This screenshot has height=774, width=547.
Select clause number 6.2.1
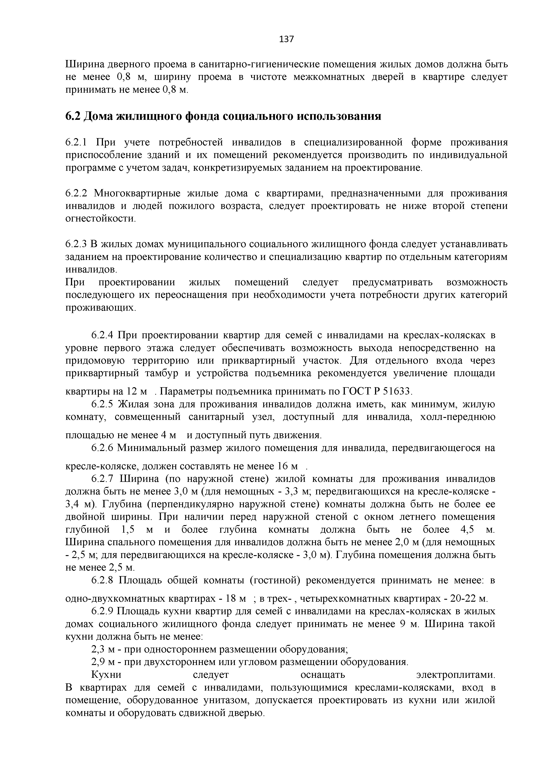76,142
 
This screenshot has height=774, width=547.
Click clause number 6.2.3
76,244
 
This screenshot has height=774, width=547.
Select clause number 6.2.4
103,335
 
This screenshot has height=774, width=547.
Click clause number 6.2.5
103,404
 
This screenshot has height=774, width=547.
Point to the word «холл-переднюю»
458,417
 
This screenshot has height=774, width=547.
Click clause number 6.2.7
103,479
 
